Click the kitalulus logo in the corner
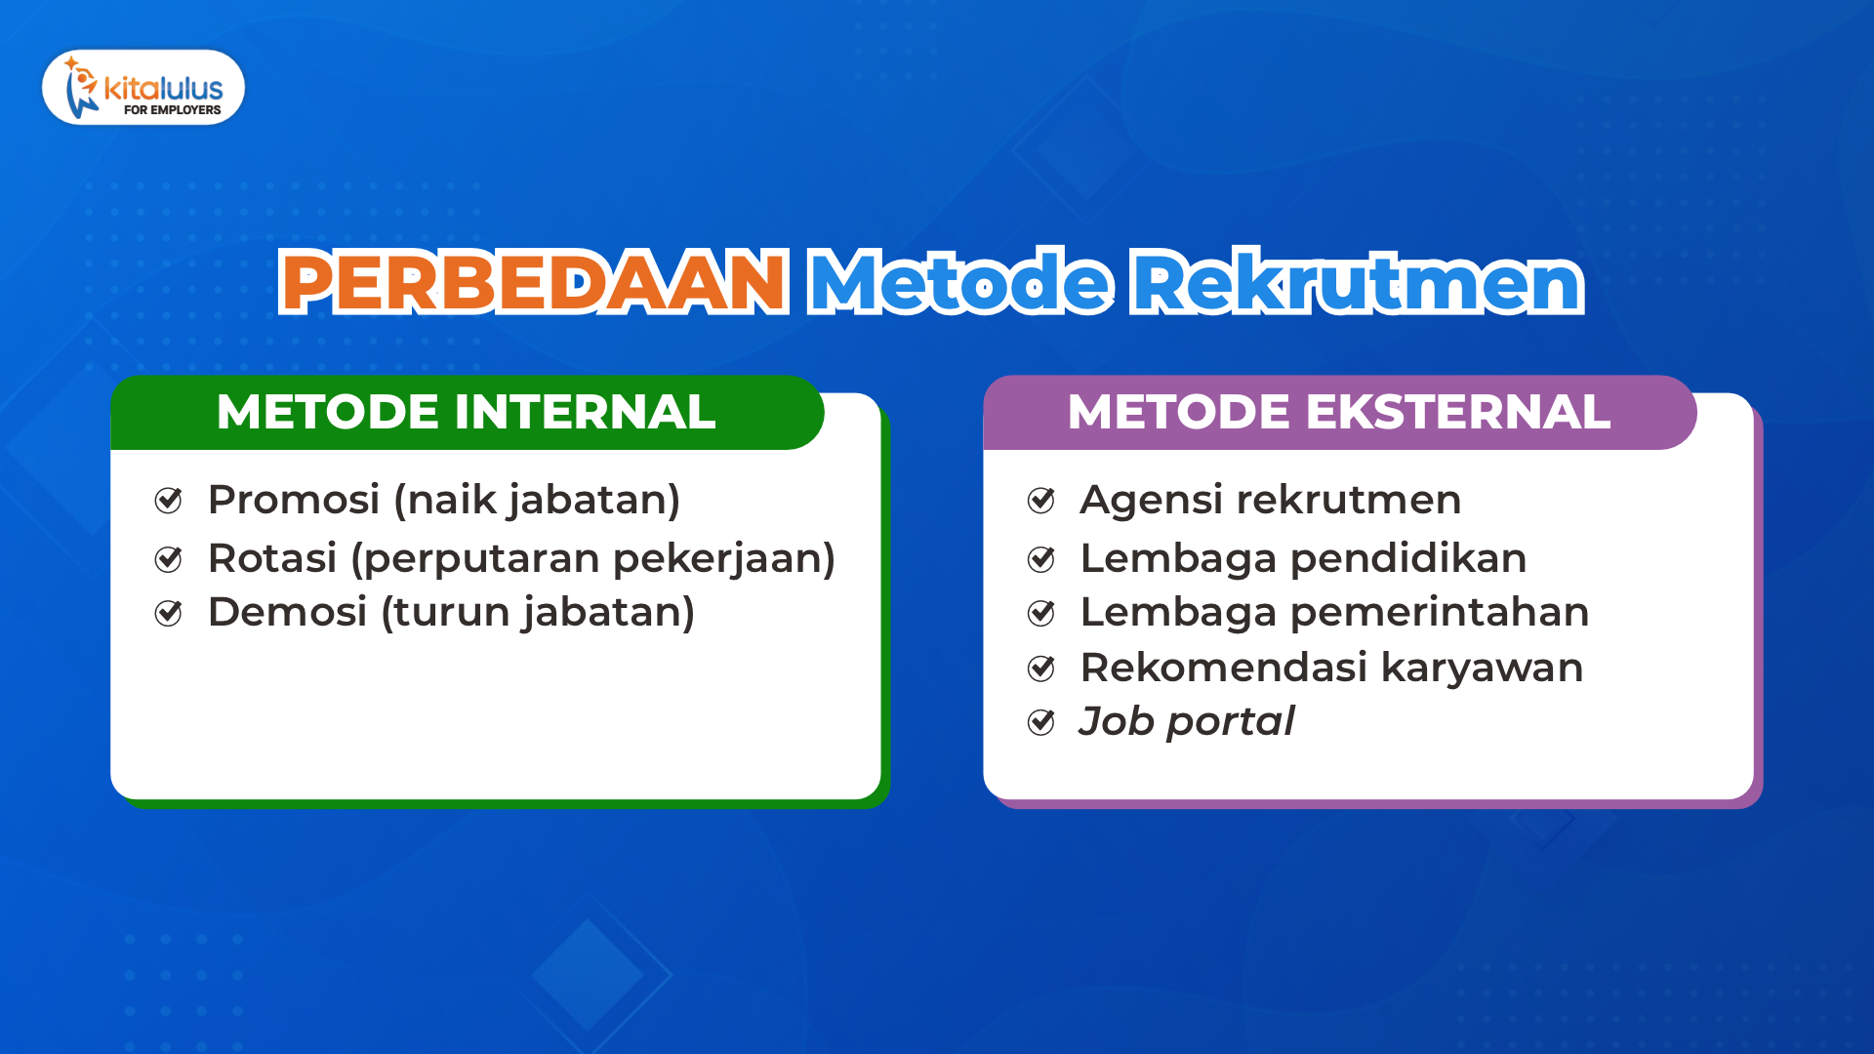tap(143, 87)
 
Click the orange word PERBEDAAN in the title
tap(533, 282)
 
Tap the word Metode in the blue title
tap(960, 282)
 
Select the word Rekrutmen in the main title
tap(1357, 282)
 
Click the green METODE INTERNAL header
tap(467, 412)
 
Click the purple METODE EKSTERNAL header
tap(1338, 412)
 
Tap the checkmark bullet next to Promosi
tap(169, 501)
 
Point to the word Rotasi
tap(272, 558)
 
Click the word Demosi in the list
tap(287, 612)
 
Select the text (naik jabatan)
tap(537, 500)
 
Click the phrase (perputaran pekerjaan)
tap(593, 558)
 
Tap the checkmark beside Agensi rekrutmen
tap(1041, 501)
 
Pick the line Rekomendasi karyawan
tap(1331, 668)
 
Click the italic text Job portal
tap(1186, 721)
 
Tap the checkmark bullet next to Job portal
tap(1041, 722)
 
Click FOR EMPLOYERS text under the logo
tap(172, 110)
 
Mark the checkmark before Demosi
tap(169, 613)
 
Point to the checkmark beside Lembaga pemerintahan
tap(1041, 613)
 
